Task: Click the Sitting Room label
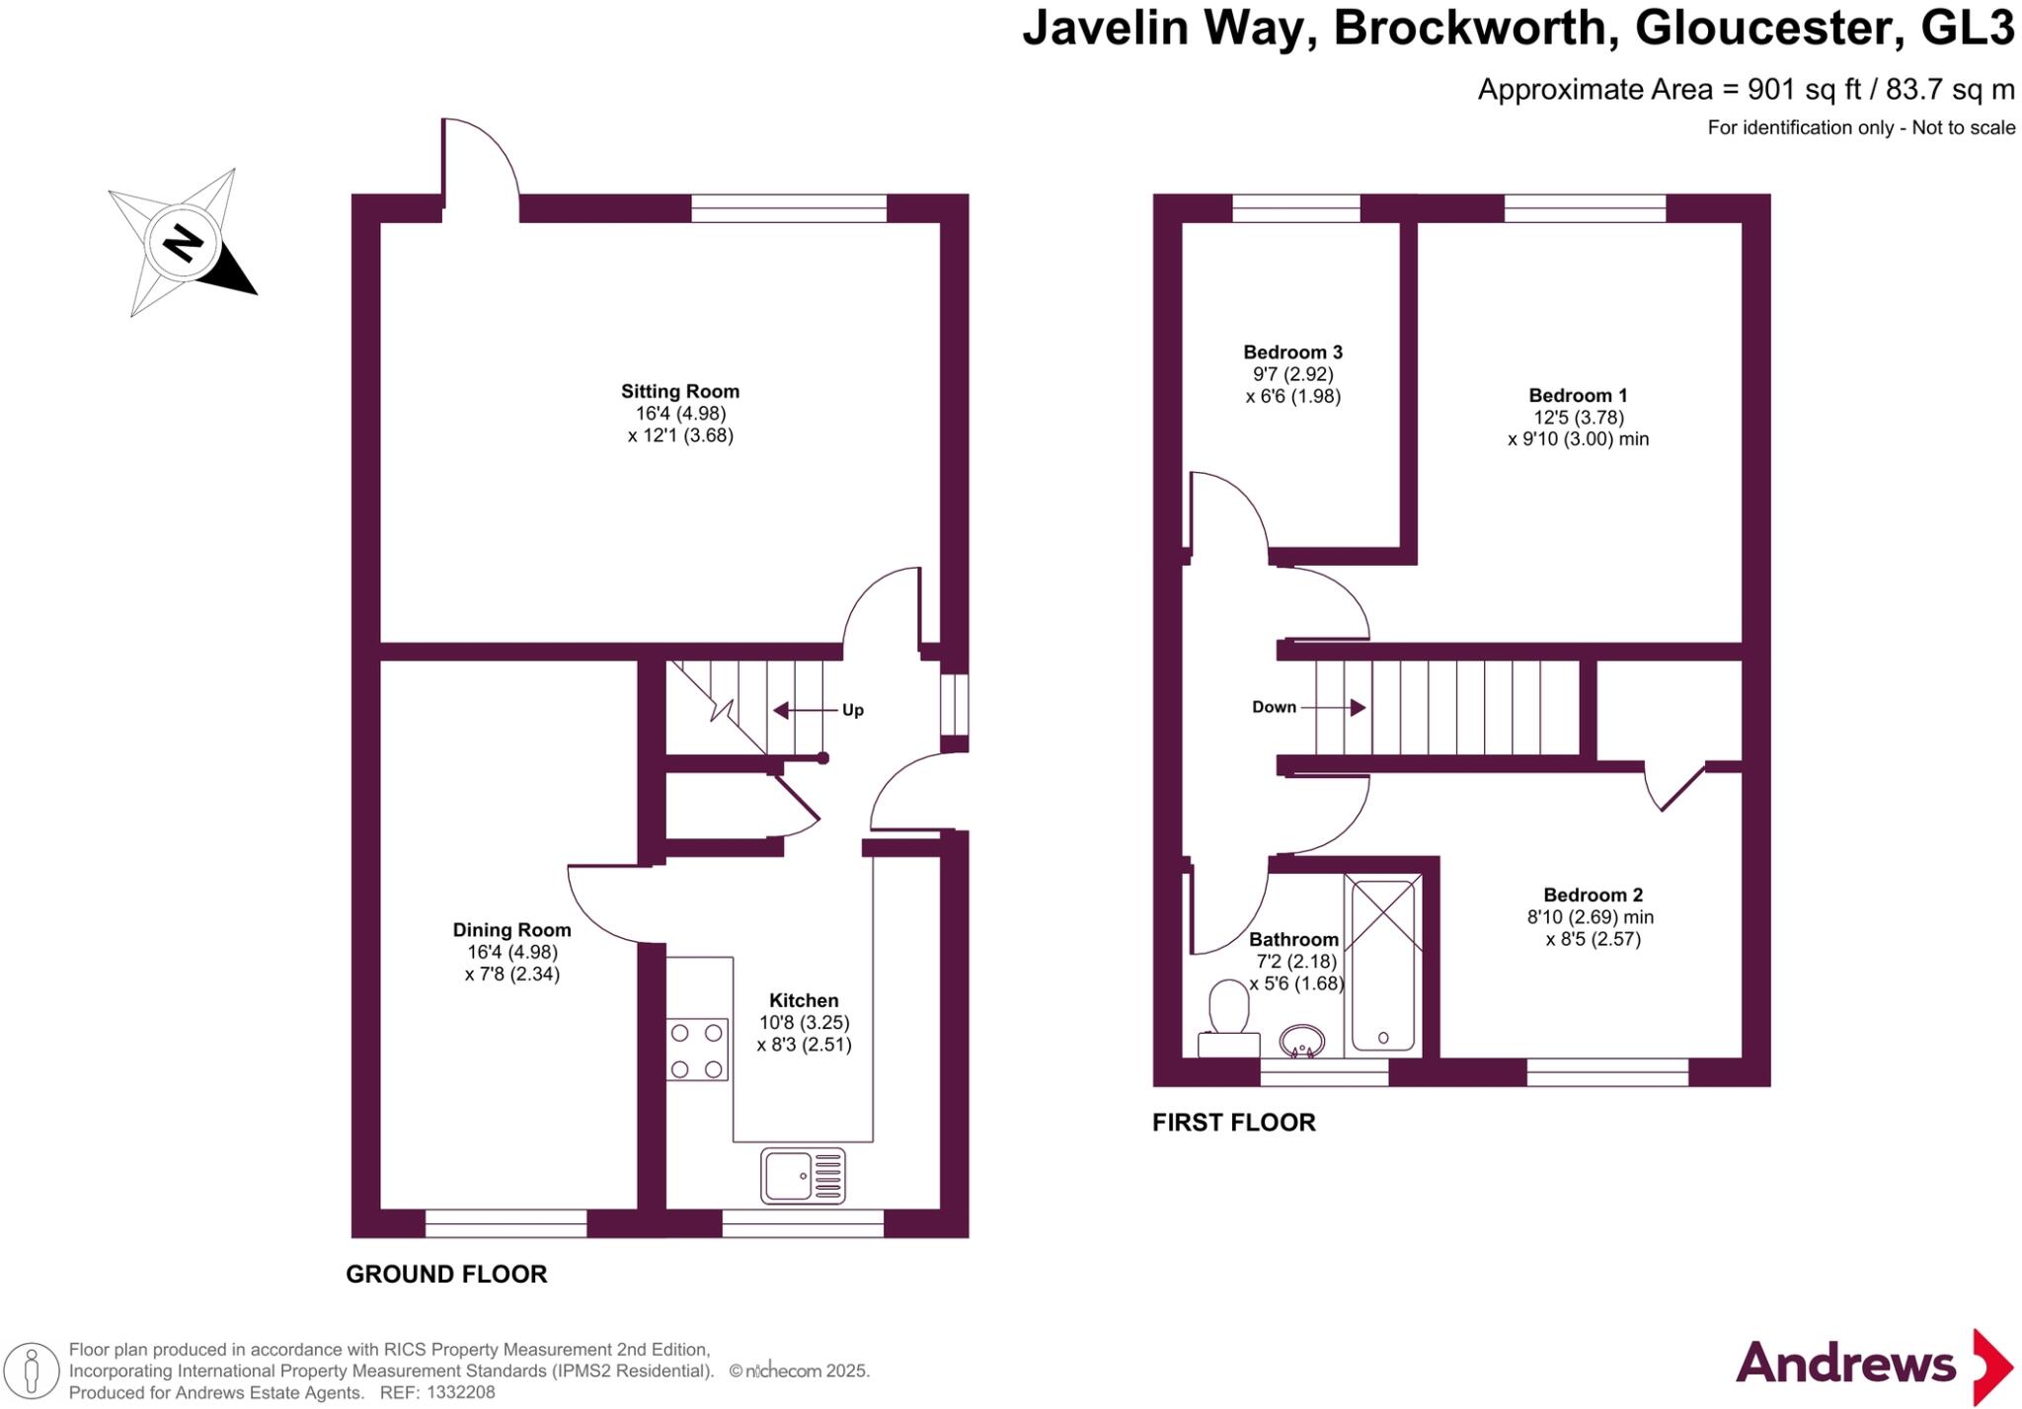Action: tap(679, 391)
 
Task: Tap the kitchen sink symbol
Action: tap(803, 1175)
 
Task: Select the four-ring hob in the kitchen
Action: tap(696, 1050)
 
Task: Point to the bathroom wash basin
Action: tap(1301, 1041)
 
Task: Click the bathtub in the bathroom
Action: tap(1382, 966)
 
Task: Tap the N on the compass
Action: tap(183, 242)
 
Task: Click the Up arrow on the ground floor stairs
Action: tap(796, 710)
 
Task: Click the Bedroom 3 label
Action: tap(1292, 352)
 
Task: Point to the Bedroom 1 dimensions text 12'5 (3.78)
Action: tap(1577, 418)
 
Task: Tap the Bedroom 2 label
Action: tap(1593, 895)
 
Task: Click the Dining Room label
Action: tap(511, 929)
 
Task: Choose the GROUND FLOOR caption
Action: tap(446, 1274)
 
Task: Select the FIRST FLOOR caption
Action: tap(1233, 1123)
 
